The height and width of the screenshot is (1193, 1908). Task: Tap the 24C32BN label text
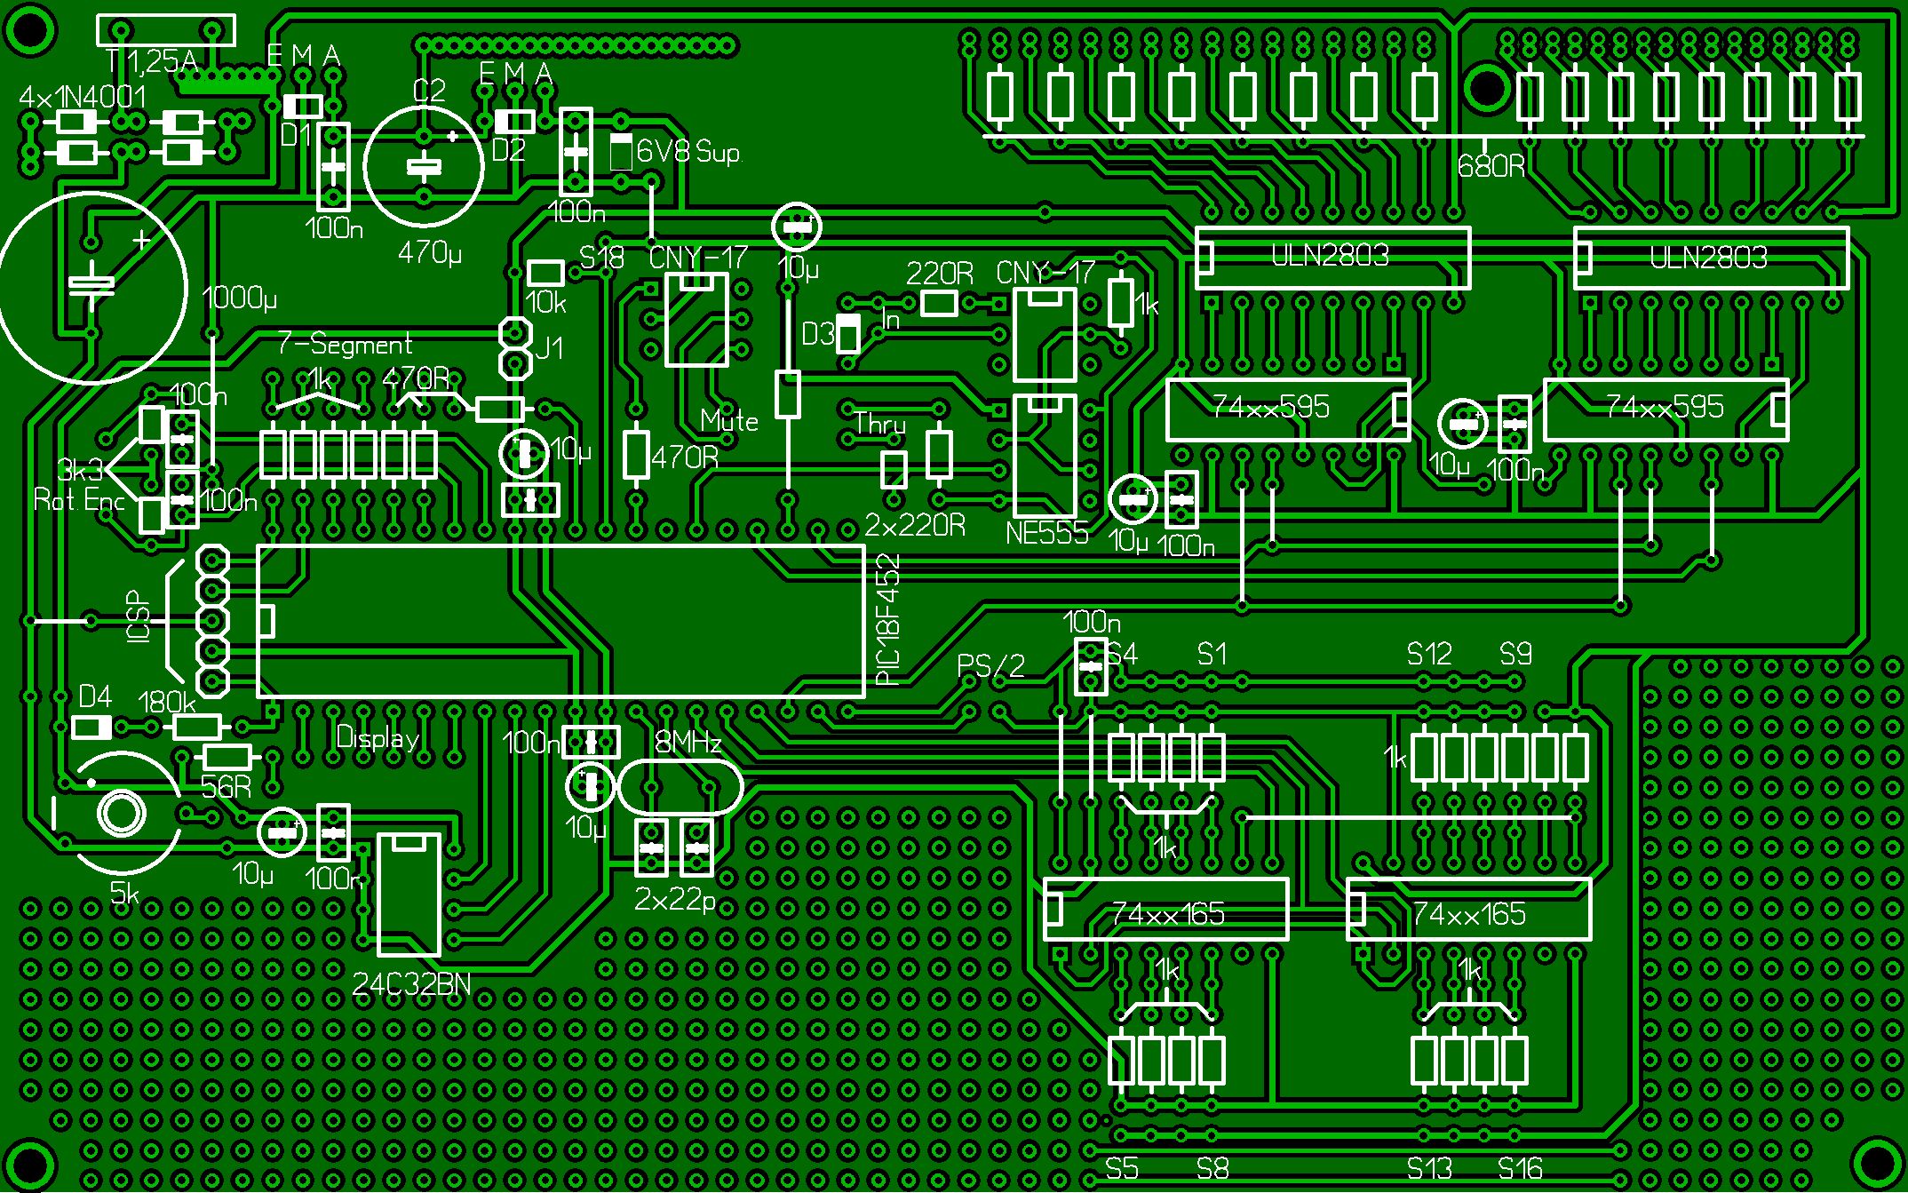point(411,983)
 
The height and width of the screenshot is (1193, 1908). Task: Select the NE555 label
point(1046,533)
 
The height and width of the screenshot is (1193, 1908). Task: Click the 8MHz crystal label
point(688,742)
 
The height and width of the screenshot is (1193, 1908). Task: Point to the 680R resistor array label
point(1491,166)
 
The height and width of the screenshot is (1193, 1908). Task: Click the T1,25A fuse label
point(152,60)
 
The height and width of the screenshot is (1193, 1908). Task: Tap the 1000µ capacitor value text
point(240,298)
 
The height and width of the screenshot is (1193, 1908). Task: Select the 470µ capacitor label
point(430,253)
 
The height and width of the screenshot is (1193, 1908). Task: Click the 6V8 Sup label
point(688,152)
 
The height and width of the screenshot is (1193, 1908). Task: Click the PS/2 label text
point(990,665)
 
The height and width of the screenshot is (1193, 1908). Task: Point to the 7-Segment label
point(345,344)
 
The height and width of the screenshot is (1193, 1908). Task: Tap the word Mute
point(729,420)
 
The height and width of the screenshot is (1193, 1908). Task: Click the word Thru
point(879,424)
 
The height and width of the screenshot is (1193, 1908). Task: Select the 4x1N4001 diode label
point(83,97)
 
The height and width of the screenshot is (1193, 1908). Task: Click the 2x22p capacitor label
point(675,900)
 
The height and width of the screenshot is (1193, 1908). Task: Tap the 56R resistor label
point(226,787)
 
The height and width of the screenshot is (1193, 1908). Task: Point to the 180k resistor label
point(167,703)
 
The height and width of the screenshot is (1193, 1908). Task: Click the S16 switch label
point(1520,1168)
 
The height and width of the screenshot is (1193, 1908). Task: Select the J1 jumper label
point(550,347)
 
